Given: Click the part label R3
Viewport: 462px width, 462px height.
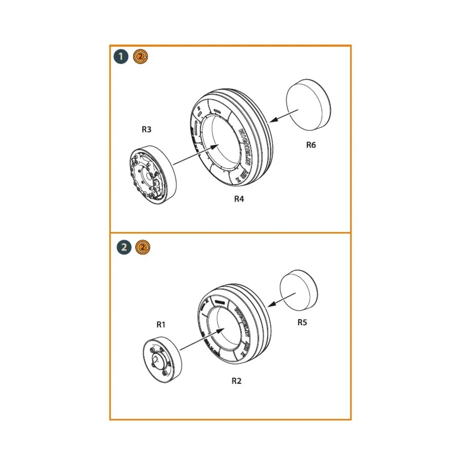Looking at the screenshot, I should [146, 129].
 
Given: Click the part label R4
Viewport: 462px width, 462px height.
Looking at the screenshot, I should [239, 199].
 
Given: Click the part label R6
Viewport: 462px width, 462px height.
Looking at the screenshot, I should [311, 145].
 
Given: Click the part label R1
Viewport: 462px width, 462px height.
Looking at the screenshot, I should [161, 325].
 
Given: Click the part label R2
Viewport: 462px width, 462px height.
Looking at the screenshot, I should [236, 381].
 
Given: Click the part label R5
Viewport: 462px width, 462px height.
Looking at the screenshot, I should [302, 322].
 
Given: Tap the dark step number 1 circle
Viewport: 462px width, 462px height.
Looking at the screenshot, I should [121, 57].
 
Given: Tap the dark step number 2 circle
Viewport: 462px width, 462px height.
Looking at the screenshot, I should [124, 247].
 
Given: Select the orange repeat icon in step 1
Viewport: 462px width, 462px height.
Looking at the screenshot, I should [141, 57].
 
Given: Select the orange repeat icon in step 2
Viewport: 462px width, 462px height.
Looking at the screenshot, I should [142, 247].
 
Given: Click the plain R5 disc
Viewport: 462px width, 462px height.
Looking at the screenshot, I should [299, 290].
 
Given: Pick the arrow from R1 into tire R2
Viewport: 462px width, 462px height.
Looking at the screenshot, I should [203, 339].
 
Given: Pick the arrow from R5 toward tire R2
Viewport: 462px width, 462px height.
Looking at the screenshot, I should [281, 299].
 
